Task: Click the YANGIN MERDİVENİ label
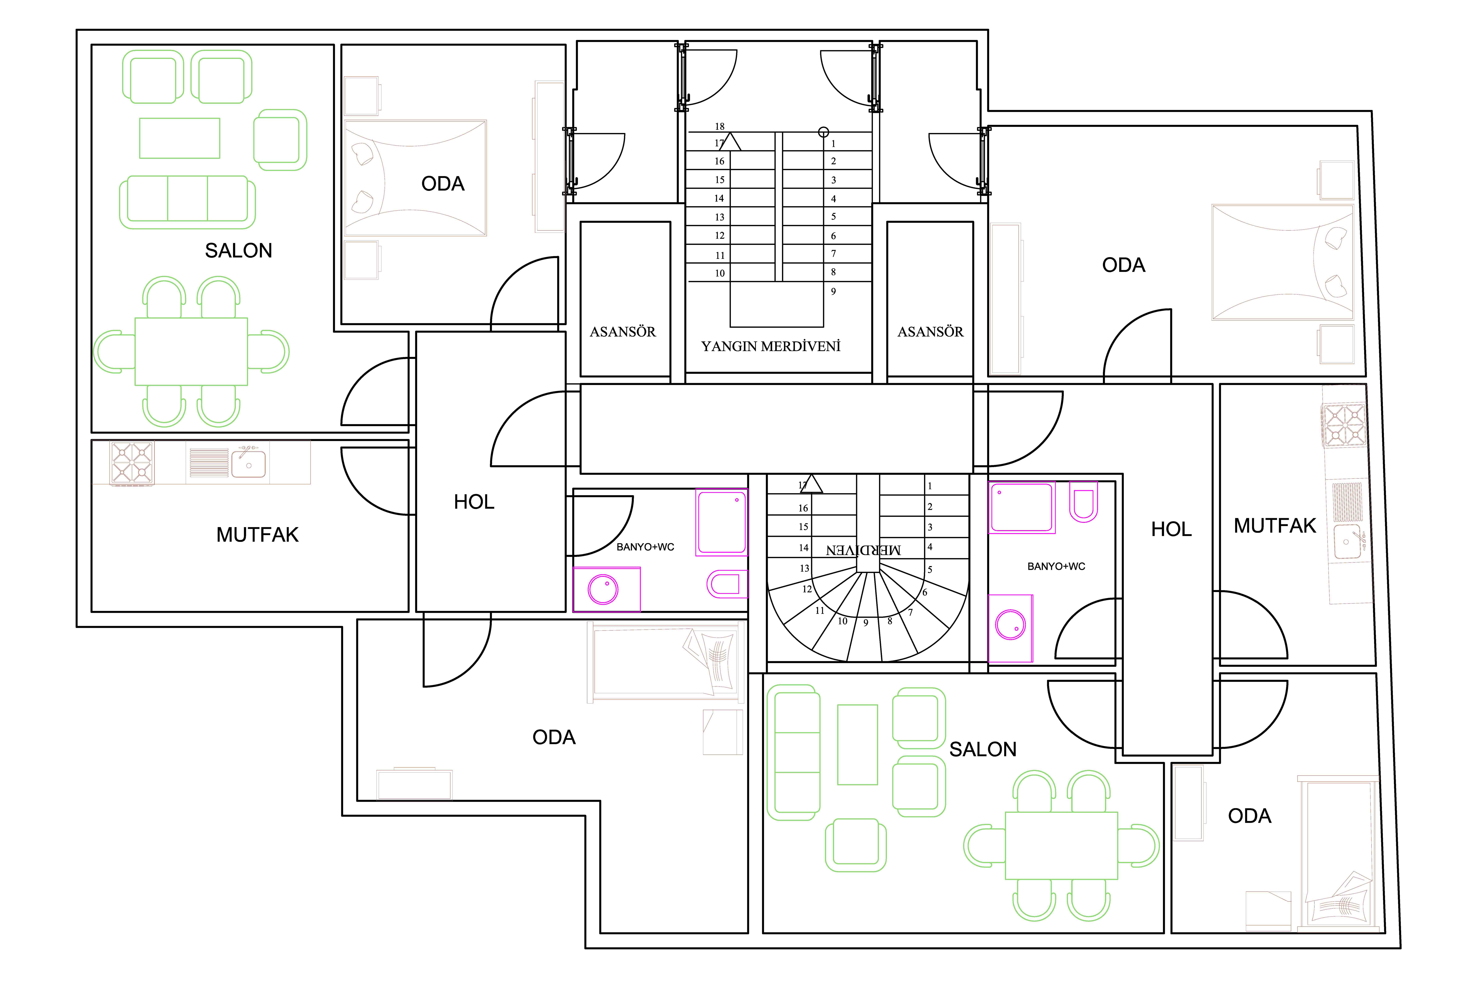771,346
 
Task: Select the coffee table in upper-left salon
180,138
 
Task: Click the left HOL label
474,502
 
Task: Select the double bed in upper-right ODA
1282,262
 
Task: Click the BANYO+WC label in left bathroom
645,547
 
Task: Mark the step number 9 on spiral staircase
866,623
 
